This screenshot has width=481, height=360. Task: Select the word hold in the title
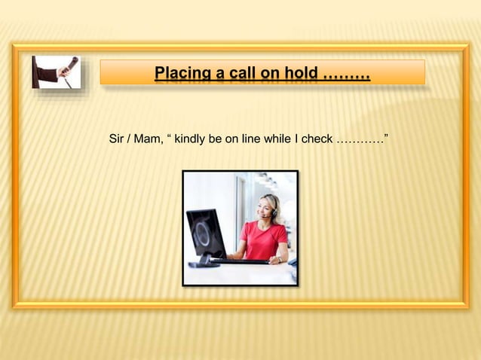(x=302, y=75)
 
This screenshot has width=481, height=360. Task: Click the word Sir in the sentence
(x=118, y=139)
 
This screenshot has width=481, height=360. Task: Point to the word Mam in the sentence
(x=146, y=139)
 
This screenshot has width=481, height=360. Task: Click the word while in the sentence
(x=278, y=139)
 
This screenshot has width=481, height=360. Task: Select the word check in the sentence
(x=317, y=139)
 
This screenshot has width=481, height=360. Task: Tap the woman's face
(x=266, y=208)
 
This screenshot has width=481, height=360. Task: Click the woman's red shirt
(x=263, y=240)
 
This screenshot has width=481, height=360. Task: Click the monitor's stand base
(x=204, y=264)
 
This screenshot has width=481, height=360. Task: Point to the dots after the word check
(x=358, y=139)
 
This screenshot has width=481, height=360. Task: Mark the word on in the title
(x=272, y=75)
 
